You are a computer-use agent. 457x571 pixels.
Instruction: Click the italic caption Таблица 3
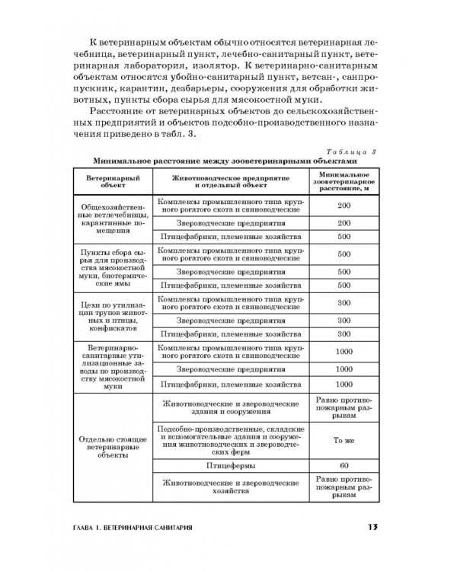click(x=355, y=152)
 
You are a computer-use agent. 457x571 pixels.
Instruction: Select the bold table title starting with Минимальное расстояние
click(x=225, y=161)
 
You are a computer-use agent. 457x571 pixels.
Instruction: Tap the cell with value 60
click(x=344, y=464)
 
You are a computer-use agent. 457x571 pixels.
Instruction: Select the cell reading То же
click(x=344, y=439)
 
